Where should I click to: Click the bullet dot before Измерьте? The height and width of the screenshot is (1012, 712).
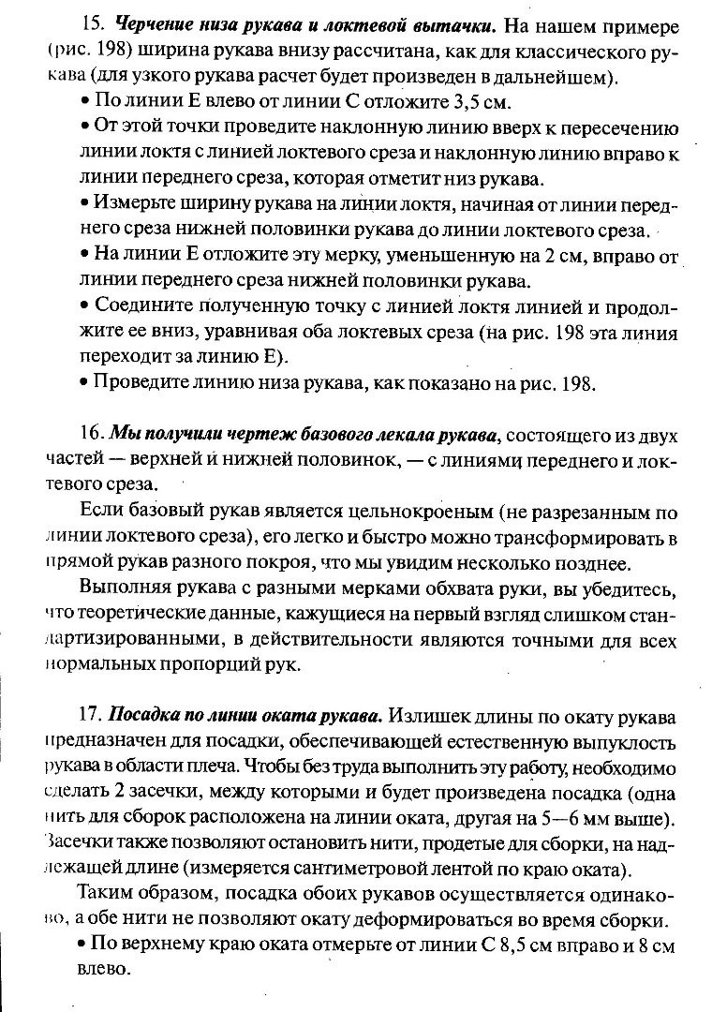coord(85,202)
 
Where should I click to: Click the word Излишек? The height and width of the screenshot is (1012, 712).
coord(428,717)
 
